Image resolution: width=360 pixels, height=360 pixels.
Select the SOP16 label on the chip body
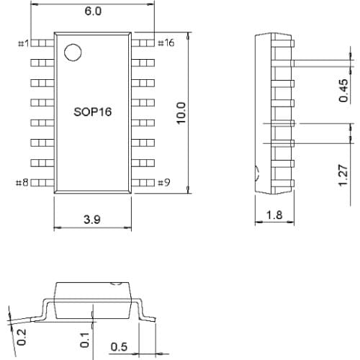point(93,113)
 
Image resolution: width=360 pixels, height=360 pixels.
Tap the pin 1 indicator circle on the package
point(72,53)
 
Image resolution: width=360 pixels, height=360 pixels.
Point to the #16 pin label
point(165,43)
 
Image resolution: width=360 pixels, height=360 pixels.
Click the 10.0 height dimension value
point(181,113)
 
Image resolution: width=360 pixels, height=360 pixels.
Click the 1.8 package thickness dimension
point(274,215)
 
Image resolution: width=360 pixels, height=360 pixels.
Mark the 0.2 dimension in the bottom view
point(21,336)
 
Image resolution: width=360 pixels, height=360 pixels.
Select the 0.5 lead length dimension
point(119,347)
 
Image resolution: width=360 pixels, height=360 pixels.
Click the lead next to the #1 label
point(42,43)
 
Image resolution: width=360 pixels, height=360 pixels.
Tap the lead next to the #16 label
point(145,43)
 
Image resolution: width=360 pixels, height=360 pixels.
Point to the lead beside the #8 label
point(42,183)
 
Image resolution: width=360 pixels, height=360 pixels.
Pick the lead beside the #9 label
point(145,183)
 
